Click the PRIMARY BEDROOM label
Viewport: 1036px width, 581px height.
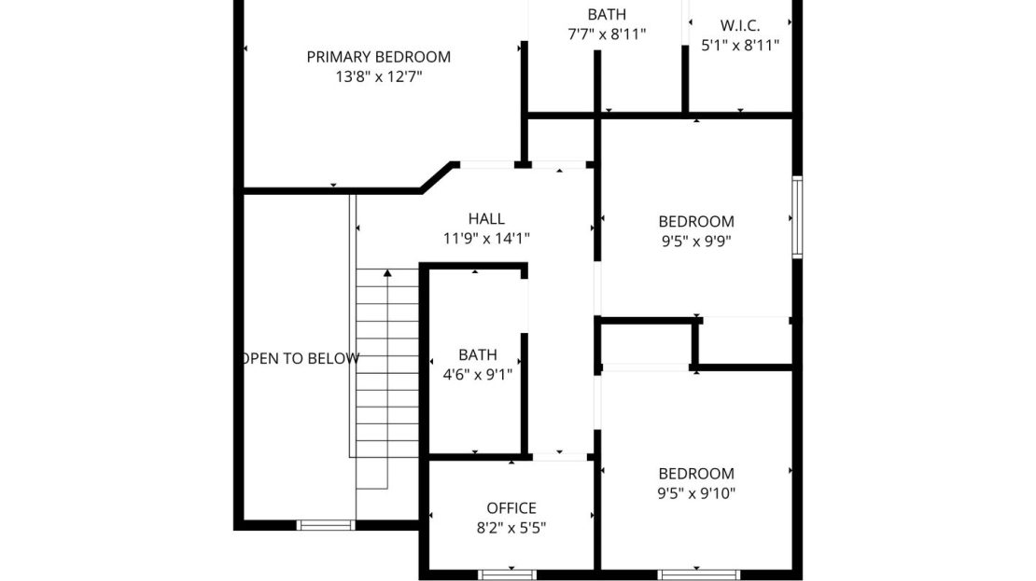379,57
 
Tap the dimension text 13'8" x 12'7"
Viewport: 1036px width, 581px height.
379,76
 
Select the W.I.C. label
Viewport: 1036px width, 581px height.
740,26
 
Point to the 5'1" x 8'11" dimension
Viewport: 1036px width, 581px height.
740,45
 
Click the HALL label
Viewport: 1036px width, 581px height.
486,218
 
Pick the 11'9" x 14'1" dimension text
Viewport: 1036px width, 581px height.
486,239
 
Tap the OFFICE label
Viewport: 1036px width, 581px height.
511,507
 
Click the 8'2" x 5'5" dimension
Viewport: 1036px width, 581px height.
511,528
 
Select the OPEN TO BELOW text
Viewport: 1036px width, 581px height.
301,358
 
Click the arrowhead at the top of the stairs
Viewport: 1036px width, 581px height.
387,272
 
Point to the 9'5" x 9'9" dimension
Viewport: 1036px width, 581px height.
696,241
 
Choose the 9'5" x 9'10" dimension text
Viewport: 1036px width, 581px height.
696,492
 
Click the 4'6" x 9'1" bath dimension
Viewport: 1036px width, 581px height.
478,374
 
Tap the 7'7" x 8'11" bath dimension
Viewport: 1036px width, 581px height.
607,34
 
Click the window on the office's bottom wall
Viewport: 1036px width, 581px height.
508,575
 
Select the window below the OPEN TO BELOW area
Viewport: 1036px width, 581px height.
326,525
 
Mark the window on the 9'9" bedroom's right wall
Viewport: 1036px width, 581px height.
797,217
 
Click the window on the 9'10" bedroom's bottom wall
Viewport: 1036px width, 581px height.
699,575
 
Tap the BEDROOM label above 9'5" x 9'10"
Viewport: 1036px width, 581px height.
696,474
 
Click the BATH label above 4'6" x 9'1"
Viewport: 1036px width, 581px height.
478,354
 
